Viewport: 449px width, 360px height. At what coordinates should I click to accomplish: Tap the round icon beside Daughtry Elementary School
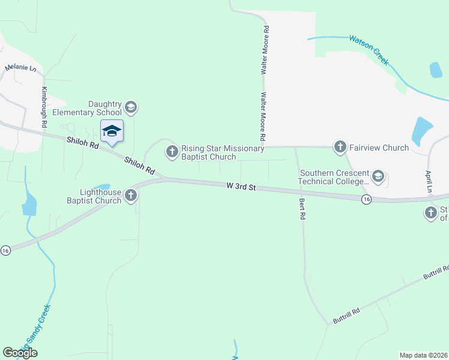click(131, 108)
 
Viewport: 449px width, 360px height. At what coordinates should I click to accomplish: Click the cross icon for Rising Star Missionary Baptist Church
click(172, 152)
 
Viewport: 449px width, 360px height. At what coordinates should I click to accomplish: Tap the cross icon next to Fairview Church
click(340, 147)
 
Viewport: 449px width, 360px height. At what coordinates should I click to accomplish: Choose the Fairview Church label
click(379, 148)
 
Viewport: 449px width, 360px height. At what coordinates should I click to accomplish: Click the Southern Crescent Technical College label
click(335, 177)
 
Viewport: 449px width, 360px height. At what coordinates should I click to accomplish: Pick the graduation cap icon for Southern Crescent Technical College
click(378, 176)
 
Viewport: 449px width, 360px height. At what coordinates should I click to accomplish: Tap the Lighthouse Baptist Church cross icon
click(130, 196)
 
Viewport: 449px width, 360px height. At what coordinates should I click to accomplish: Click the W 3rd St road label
click(241, 187)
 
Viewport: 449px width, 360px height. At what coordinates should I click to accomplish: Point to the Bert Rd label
click(301, 208)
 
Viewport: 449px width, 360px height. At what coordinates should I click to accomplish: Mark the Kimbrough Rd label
click(44, 106)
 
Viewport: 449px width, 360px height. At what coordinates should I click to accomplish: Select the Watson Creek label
click(369, 50)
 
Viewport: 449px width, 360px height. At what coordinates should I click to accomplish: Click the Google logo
click(20, 353)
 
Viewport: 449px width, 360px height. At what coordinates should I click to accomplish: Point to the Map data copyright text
click(423, 355)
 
